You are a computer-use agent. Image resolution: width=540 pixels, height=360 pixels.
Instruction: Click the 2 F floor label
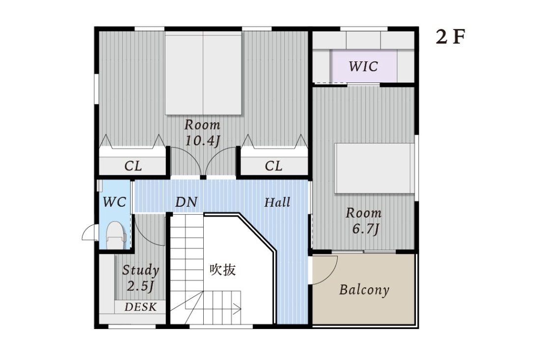click(x=450, y=38)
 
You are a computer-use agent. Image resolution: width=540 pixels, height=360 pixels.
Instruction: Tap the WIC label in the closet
click(x=363, y=66)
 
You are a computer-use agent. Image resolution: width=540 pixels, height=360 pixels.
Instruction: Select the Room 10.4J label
click(x=202, y=133)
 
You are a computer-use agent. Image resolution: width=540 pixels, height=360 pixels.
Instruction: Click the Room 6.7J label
click(x=363, y=221)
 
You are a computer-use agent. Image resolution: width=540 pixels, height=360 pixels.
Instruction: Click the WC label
click(x=114, y=201)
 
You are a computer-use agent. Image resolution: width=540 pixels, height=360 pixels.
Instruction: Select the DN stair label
click(x=186, y=202)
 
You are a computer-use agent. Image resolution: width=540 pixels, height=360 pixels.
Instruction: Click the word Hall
click(x=277, y=202)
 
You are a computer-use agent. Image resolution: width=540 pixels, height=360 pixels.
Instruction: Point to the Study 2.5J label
click(x=140, y=277)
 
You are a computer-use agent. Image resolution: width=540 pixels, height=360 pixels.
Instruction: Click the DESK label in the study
click(x=140, y=307)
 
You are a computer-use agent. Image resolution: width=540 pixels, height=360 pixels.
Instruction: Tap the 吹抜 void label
click(x=223, y=270)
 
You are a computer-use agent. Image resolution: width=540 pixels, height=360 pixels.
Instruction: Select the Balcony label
click(x=364, y=290)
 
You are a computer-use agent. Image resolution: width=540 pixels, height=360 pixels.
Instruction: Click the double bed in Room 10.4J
click(x=203, y=74)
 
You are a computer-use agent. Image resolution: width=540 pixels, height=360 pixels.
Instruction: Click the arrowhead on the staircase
click(x=238, y=309)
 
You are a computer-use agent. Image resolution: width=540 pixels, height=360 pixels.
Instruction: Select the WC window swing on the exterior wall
click(x=88, y=233)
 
